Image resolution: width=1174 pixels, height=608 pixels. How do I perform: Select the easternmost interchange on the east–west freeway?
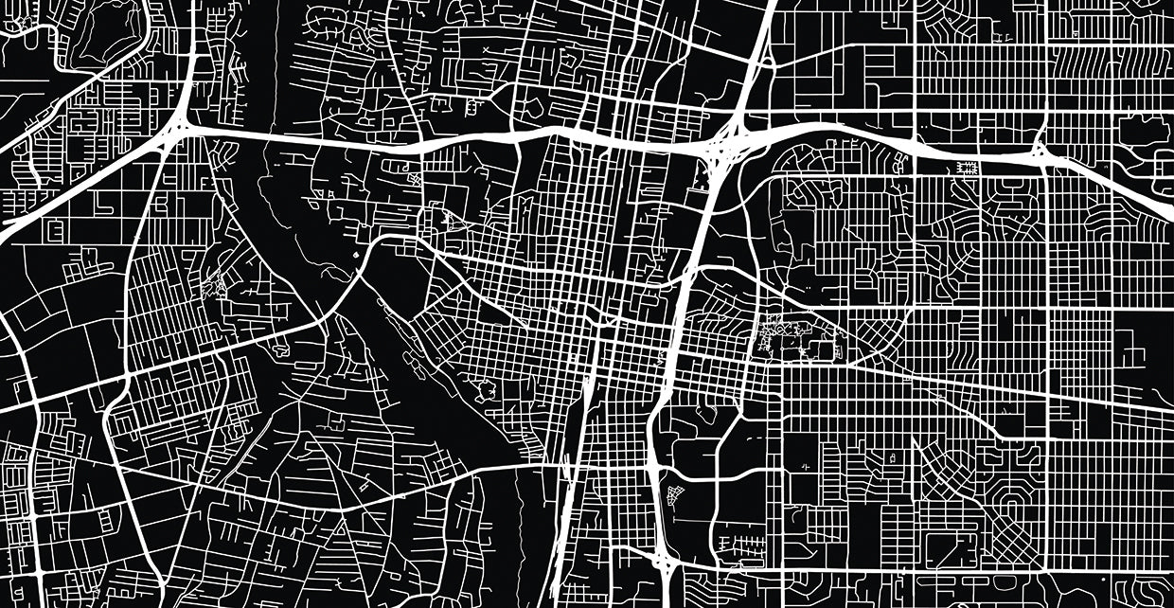click(1041, 152)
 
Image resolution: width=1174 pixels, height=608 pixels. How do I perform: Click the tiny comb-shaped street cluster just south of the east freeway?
click(968, 169)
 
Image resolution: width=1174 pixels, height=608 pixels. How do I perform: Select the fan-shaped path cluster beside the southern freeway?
click(674, 494)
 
